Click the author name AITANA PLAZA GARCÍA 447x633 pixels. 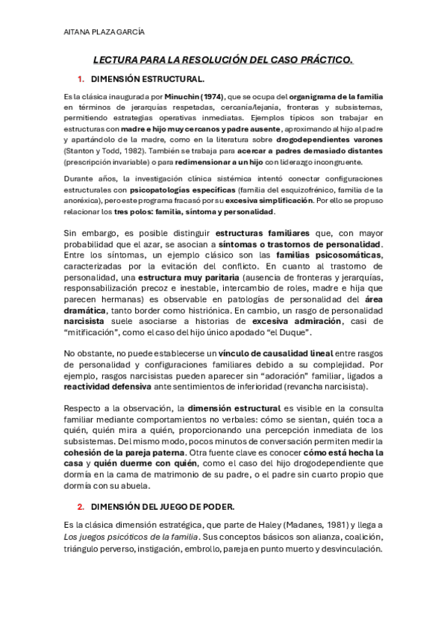104,32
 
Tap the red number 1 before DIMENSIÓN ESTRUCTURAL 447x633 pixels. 80,78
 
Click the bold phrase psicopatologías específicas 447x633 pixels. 172,190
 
